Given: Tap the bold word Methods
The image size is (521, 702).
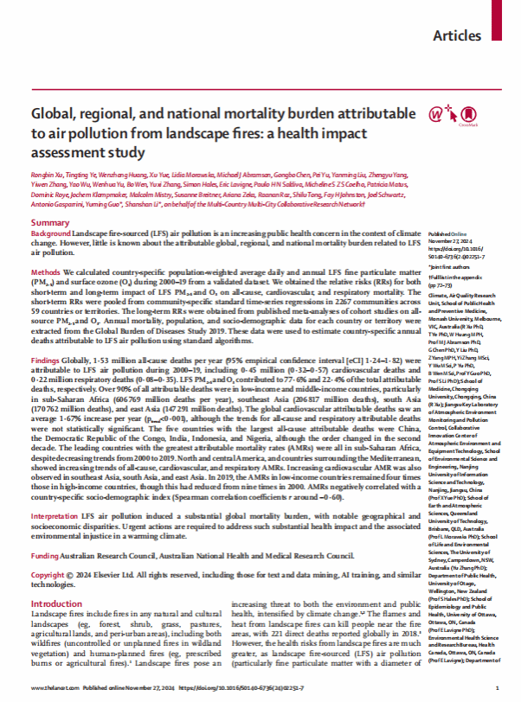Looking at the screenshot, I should click(45, 271).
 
